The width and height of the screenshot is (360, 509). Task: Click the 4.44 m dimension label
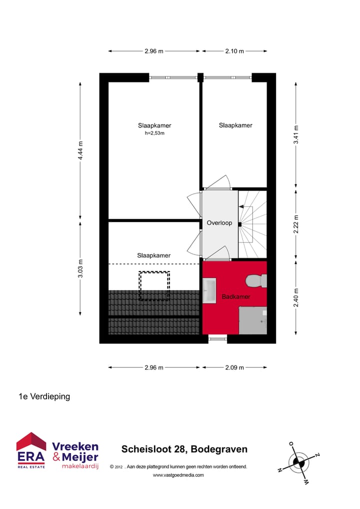(x=80, y=150)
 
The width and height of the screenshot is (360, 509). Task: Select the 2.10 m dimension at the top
(x=234, y=51)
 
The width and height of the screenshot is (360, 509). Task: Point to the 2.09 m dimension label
(x=234, y=367)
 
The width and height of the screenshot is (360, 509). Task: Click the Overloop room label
(x=219, y=223)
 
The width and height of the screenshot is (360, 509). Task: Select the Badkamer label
(x=235, y=297)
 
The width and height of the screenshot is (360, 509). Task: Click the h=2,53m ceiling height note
(x=154, y=133)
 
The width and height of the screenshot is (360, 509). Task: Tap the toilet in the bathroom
(x=256, y=281)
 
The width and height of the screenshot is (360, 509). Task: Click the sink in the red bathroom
(x=209, y=289)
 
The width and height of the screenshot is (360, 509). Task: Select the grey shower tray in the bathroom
(x=252, y=320)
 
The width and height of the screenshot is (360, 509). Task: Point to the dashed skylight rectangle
(x=154, y=285)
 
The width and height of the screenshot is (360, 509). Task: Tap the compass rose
(x=298, y=462)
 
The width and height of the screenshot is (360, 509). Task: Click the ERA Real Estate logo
(x=31, y=450)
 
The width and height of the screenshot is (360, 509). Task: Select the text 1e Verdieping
(x=44, y=396)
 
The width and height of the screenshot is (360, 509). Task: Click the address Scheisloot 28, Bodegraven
(x=184, y=449)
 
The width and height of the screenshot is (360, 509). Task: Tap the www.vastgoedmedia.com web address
(x=178, y=475)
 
